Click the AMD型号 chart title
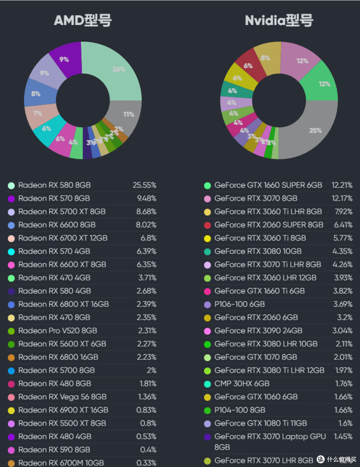pyautogui.click(x=83, y=21)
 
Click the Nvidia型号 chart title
pyautogui.click(x=279, y=21)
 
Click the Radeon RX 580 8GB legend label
pyautogui.click(x=54, y=185)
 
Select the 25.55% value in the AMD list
pyautogui.click(x=144, y=185)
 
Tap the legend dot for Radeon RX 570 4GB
pyautogui.click(x=11, y=252)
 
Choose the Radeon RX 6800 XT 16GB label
pyautogui.click(x=63, y=304)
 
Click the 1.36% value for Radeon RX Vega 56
pyautogui.click(x=147, y=397)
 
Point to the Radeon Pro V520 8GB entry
pyautogui.click(x=58, y=331)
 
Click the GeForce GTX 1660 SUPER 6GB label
pyautogui.click(x=268, y=185)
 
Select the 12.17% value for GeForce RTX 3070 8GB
pyautogui.click(x=342, y=199)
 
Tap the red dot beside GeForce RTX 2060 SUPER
pyautogui.click(x=207, y=225)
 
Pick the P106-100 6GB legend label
pyautogui.click(x=239, y=304)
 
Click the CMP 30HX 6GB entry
pyautogui.click(x=242, y=384)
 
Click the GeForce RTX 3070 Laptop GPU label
pyautogui.click(x=270, y=437)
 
